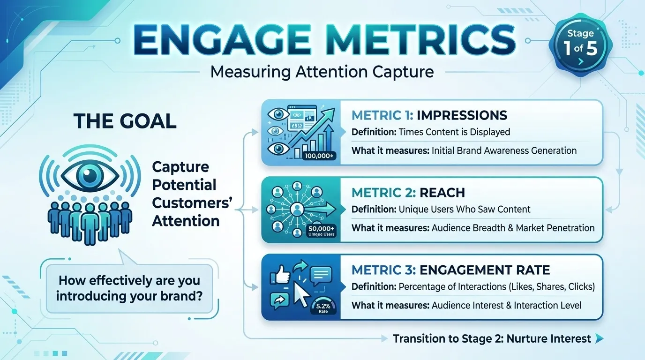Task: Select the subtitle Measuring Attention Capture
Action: click(322, 72)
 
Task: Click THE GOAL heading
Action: click(125, 121)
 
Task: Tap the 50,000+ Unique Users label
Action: click(322, 231)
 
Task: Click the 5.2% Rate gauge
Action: click(322, 307)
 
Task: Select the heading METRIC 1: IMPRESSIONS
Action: click(429, 115)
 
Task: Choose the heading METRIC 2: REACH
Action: click(408, 193)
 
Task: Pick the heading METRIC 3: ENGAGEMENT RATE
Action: click(450, 270)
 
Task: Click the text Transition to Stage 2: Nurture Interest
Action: click(492, 338)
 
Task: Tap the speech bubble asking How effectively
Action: click(129, 288)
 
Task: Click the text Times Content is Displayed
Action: click(454, 132)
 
